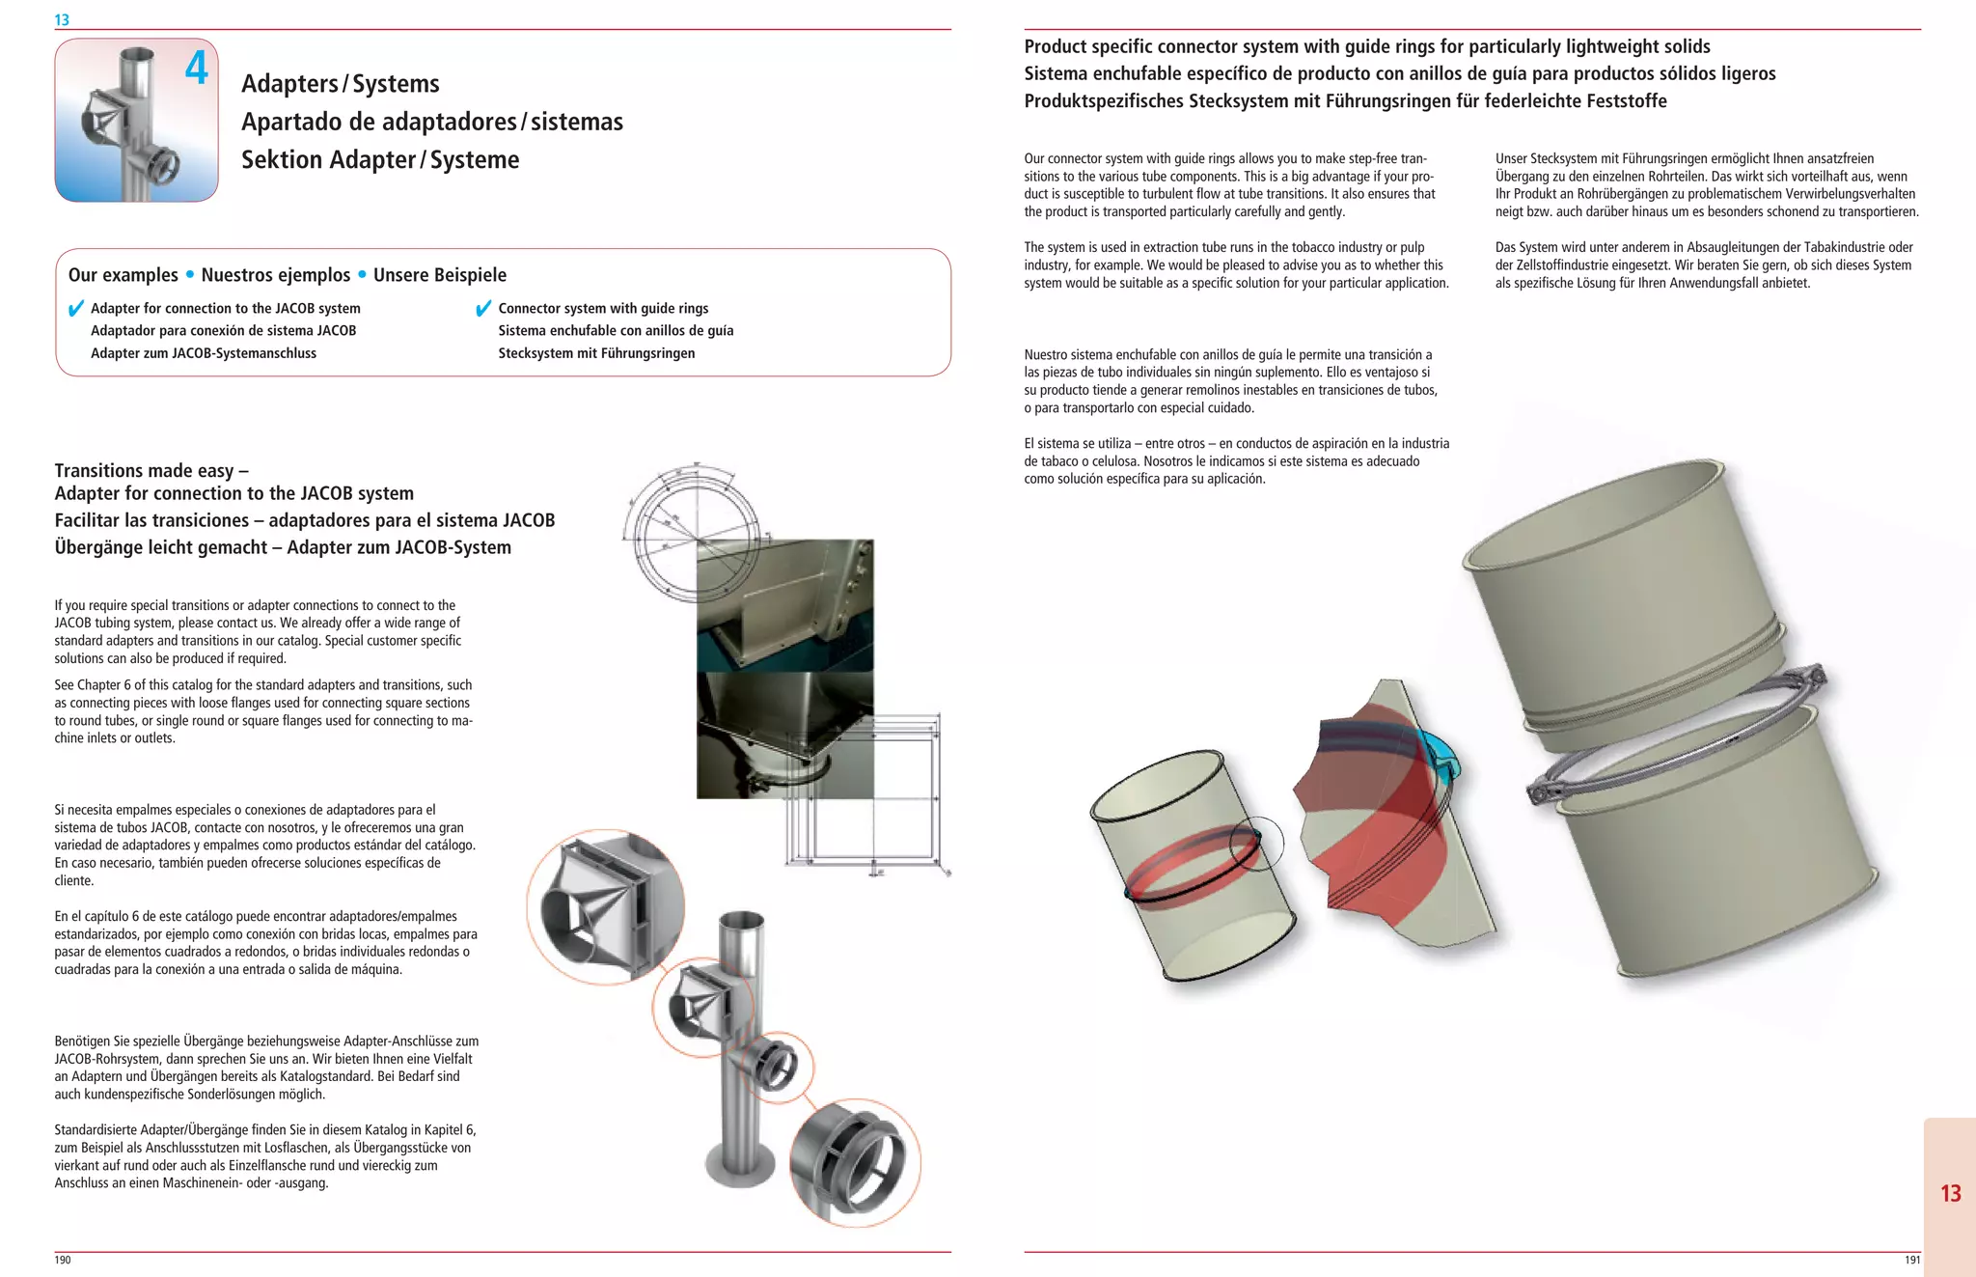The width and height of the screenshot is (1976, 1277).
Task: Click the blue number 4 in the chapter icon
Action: coord(197,68)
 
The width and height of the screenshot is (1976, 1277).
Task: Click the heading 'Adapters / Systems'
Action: coord(340,84)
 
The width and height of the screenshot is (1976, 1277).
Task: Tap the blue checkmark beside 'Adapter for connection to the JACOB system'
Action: coord(76,309)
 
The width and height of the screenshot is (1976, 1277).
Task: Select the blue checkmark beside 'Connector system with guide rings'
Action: coord(483,309)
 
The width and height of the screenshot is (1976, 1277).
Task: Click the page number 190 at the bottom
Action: coord(63,1260)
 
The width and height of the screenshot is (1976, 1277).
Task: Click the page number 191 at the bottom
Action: coord(1911,1260)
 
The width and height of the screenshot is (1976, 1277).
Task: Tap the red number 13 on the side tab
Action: coord(1950,1194)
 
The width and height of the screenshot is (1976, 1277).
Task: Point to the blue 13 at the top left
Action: coord(62,19)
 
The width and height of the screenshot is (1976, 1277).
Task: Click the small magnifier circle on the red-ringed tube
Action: coord(1257,844)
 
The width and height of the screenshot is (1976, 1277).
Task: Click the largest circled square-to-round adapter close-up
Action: coord(605,906)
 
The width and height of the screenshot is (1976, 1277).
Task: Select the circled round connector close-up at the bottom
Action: coord(855,1162)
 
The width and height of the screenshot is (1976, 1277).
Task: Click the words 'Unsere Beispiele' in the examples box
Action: coord(439,275)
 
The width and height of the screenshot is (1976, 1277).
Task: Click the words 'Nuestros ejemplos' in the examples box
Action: coord(275,275)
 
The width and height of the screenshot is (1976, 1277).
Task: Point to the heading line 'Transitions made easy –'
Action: coord(151,471)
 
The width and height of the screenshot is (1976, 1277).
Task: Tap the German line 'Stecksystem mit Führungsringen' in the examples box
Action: coord(596,353)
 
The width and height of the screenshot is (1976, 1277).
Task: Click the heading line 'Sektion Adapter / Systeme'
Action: coord(380,160)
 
